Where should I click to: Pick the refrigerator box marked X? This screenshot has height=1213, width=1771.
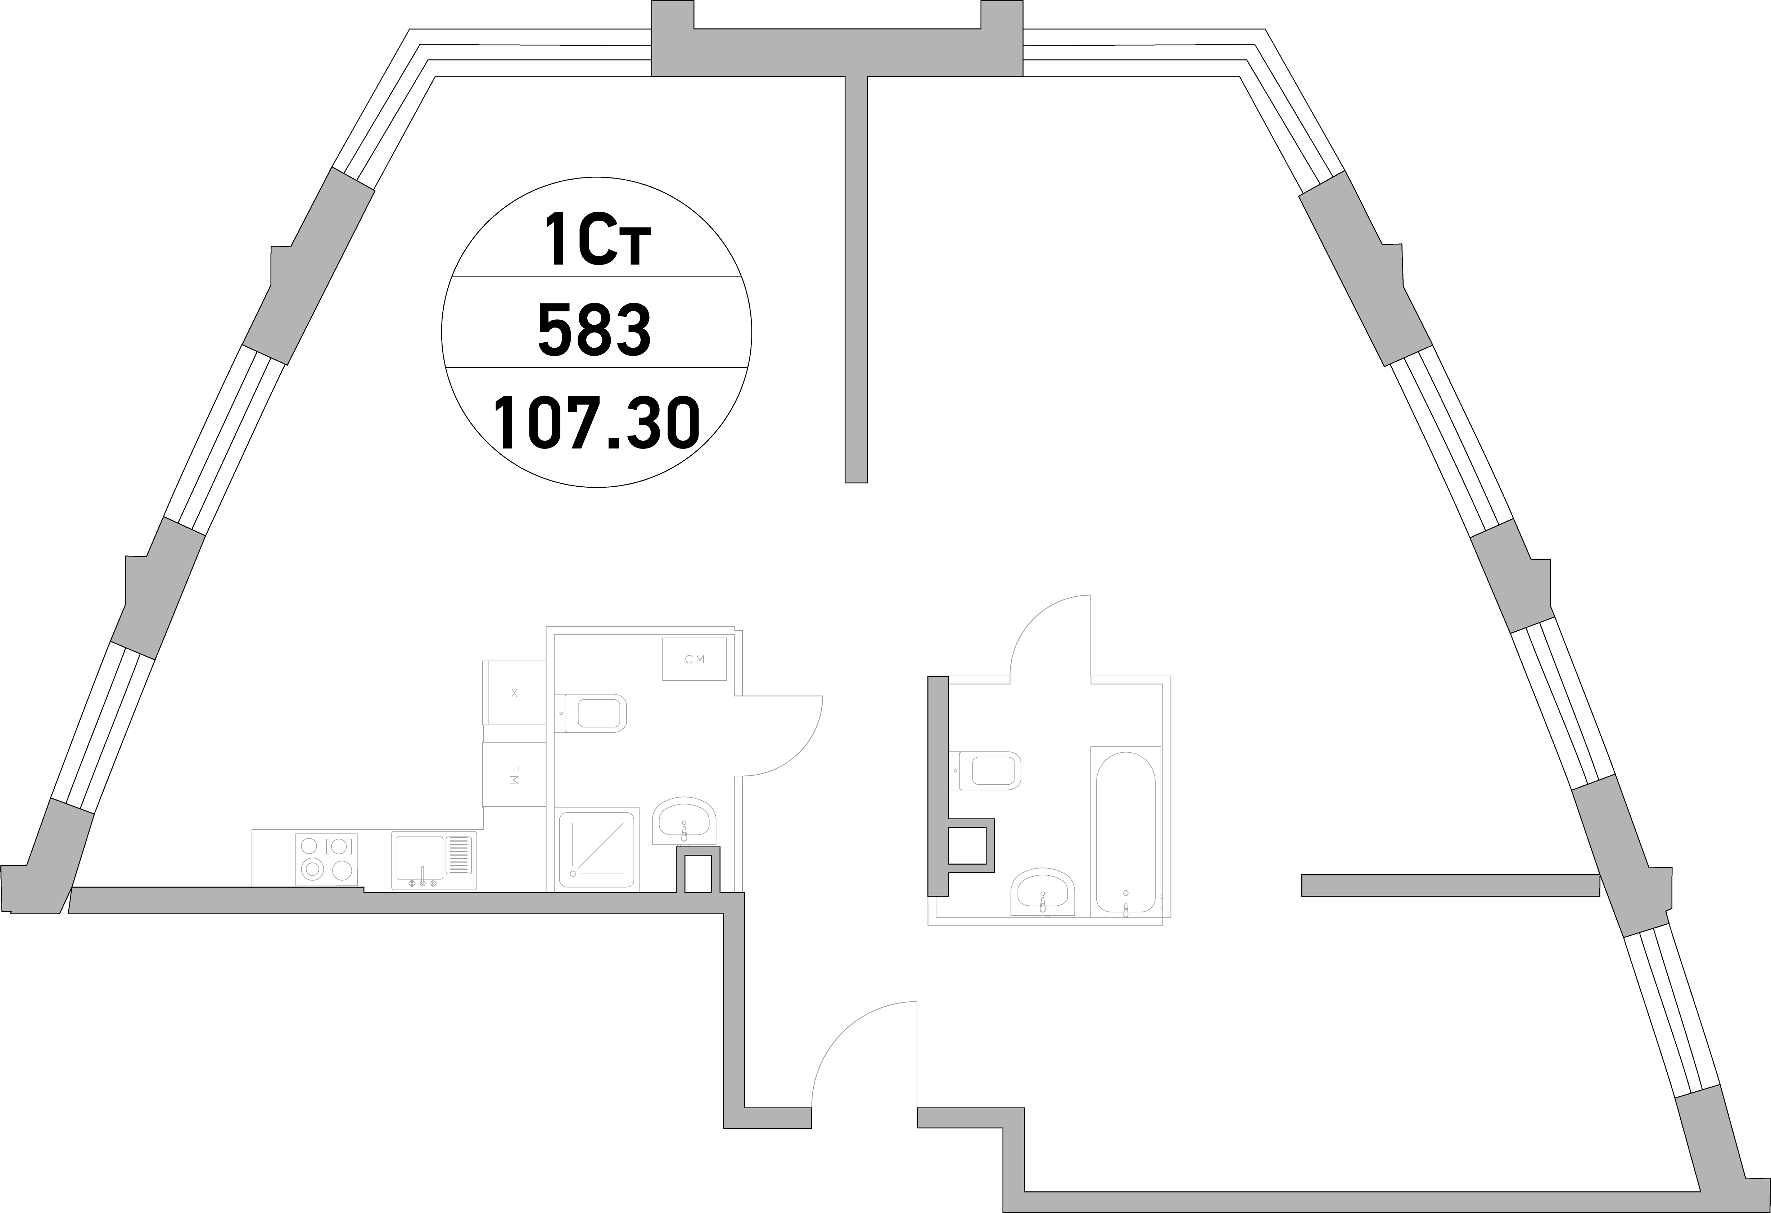514,693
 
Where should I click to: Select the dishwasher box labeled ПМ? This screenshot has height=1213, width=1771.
514,774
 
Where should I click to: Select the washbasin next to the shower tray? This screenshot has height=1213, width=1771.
684,822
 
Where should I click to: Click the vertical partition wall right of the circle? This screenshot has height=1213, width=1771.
857,280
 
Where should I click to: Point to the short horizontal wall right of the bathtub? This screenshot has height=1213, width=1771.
1450,885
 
